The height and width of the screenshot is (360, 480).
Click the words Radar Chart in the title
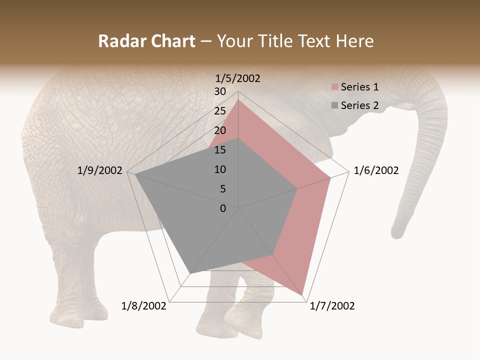146,41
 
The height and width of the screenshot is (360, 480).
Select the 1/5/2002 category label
237,78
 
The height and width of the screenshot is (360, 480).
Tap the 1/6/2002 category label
376,170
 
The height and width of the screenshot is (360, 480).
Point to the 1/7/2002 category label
332,306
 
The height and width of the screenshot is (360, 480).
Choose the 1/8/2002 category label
144,306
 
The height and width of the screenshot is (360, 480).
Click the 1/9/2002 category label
100,170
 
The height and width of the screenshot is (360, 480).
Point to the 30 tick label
220,91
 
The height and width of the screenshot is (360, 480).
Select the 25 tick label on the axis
220,111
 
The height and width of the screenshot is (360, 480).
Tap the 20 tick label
220,130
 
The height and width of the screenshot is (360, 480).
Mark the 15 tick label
220,150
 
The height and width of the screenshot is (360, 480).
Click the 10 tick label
220,169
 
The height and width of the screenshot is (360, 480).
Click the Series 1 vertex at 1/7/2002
303,295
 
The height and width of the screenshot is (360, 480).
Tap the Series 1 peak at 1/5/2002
238,99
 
